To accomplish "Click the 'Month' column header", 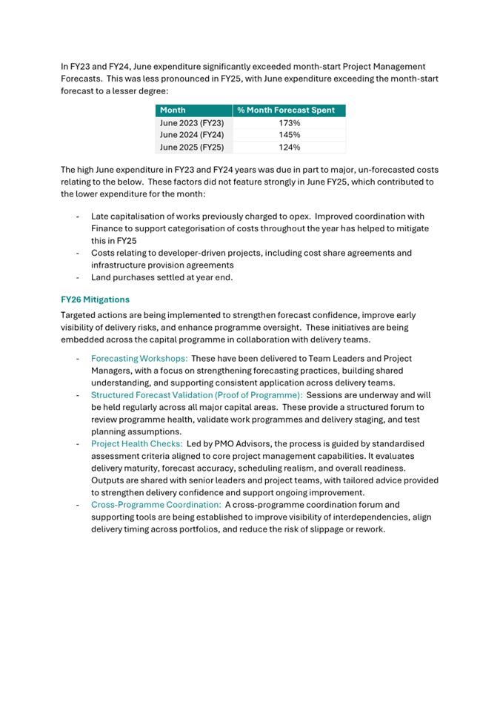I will [173, 110].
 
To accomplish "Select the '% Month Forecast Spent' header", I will [286, 110].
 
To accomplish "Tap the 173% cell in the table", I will [289, 123].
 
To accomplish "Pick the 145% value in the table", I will [289, 135].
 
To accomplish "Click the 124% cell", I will [289, 148].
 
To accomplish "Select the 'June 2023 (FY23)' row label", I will [192, 123].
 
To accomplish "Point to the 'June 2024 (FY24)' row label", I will [192, 135].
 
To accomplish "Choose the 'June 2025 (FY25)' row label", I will [192, 148].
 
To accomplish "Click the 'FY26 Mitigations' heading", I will [95, 300].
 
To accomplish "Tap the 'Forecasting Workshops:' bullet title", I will [139, 359].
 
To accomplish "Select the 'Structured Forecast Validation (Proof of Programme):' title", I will [196, 395].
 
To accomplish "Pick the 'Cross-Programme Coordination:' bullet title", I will [156, 504].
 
